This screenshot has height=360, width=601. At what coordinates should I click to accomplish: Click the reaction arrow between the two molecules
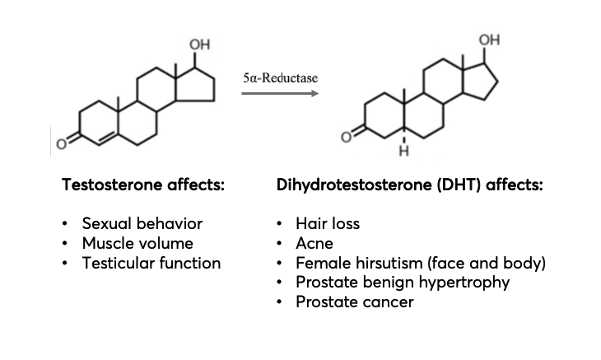pyautogui.click(x=280, y=93)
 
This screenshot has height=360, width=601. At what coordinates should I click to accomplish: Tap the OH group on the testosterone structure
pyautogui.click(x=198, y=42)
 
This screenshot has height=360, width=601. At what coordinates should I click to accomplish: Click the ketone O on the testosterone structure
pyautogui.click(x=60, y=147)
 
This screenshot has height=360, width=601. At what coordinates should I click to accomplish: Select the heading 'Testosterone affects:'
pyautogui.click(x=142, y=185)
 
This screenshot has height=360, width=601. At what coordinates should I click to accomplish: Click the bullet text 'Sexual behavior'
pyautogui.click(x=142, y=223)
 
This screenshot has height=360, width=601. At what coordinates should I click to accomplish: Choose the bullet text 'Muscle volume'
pyautogui.click(x=137, y=243)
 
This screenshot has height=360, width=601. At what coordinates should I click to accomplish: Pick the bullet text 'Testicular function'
pyautogui.click(x=151, y=263)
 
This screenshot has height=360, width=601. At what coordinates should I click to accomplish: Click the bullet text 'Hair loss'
pyautogui.click(x=328, y=223)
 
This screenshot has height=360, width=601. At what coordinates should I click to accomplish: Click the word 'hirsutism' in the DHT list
pyautogui.click(x=387, y=263)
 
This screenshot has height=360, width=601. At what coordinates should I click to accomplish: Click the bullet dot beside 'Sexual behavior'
pyautogui.click(x=66, y=224)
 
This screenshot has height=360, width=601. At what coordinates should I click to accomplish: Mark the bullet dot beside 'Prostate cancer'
pyautogui.click(x=280, y=302)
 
